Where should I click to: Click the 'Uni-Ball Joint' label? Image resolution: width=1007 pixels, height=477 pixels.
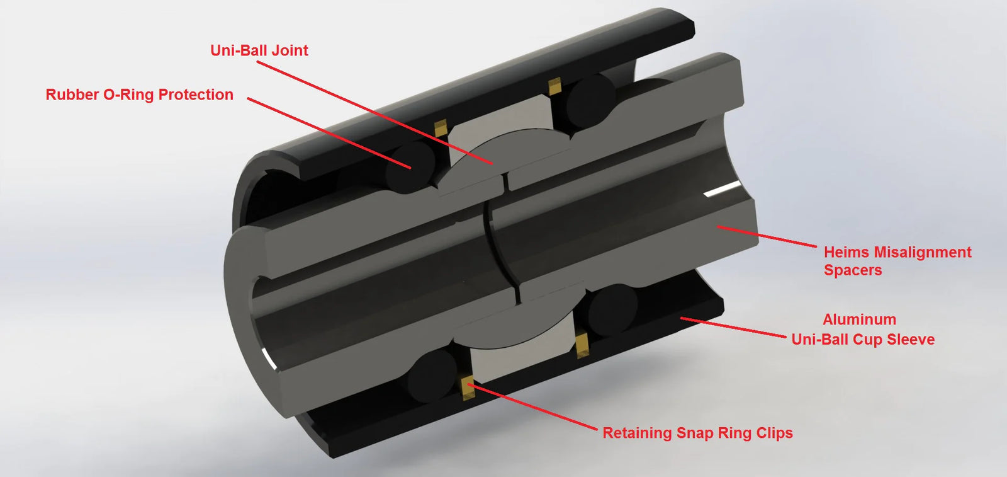pos(259,50)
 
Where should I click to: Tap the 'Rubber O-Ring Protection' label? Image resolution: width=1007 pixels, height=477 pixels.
pos(139,95)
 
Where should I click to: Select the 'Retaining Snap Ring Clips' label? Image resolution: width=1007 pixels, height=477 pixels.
pos(697,433)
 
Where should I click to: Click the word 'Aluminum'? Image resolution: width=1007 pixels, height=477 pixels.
pos(860,319)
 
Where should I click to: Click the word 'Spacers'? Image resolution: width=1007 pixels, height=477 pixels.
pos(853,270)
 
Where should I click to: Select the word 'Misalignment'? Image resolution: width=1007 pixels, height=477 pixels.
pos(923,253)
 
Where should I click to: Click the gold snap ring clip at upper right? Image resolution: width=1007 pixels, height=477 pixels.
pos(554,86)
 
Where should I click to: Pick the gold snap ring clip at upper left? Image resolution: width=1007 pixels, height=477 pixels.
pos(441,128)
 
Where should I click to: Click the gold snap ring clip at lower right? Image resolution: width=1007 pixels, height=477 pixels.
pos(583,345)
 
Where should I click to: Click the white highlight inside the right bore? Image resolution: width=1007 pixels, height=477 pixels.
pos(721,190)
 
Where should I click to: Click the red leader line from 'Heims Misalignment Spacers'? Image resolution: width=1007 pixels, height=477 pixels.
pos(767,237)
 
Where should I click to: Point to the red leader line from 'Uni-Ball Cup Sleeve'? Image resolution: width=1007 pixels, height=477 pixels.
pos(733,327)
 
